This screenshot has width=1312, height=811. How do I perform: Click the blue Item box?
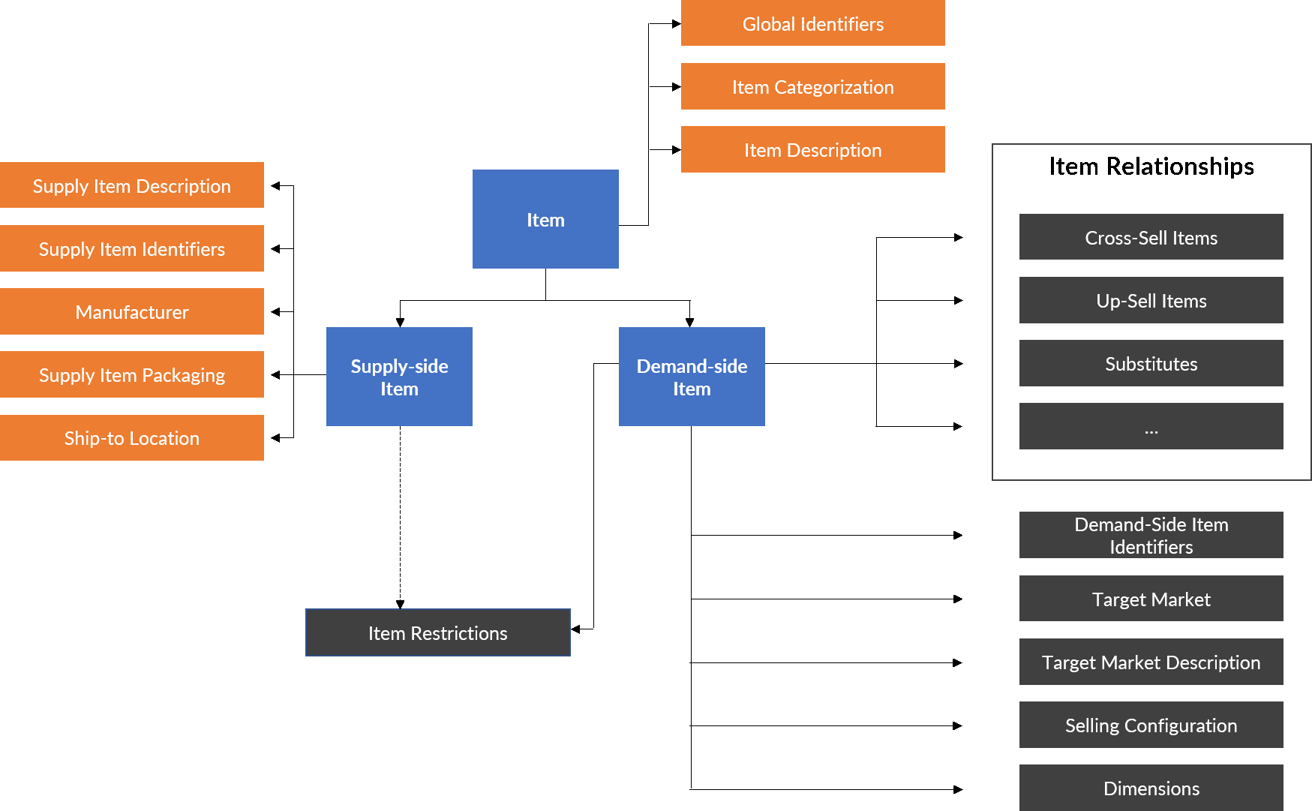(545, 219)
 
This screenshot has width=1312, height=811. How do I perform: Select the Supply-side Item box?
(399, 377)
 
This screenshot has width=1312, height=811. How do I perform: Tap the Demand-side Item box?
(692, 377)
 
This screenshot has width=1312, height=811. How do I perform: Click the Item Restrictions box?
(438, 633)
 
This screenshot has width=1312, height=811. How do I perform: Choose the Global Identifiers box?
(812, 23)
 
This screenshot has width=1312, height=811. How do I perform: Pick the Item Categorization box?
(812, 86)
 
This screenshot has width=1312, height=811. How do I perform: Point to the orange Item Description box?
(812, 149)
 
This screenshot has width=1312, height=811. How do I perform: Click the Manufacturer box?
(132, 311)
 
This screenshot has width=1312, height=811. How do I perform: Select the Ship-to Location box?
(132, 437)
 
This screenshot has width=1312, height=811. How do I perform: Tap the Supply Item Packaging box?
(132, 374)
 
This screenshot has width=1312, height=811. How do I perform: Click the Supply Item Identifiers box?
(132, 248)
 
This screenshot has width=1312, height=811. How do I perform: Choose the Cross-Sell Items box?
(1151, 237)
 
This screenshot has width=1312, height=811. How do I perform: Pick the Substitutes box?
(1151, 363)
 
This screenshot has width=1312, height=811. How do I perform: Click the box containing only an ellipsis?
(1151, 426)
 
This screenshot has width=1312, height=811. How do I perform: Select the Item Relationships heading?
(1151, 166)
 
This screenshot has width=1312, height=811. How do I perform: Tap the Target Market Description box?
(1151, 662)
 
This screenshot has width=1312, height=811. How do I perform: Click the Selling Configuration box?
(1151, 725)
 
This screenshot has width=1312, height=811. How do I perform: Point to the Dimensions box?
(1151, 788)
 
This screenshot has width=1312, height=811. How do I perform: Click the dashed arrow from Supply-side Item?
(400, 518)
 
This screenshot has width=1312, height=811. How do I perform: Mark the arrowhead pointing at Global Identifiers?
(676, 24)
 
